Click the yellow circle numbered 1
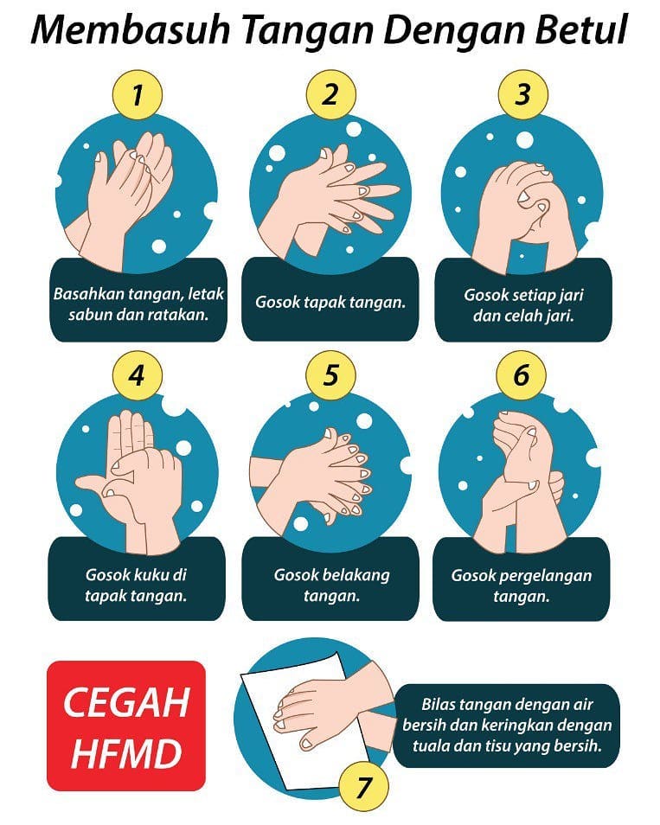point(138,95)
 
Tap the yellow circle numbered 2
point(331,95)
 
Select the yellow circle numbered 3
point(523,95)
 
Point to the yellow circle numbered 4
point(138,375)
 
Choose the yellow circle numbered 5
point(331,375)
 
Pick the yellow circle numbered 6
point(521,375)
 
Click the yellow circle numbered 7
point(363,788)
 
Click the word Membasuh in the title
point(131,29)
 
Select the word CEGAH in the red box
point(126,702)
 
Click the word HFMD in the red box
point(126,753)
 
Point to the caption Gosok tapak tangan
point(330,302)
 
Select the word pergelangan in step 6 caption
point(545,576)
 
